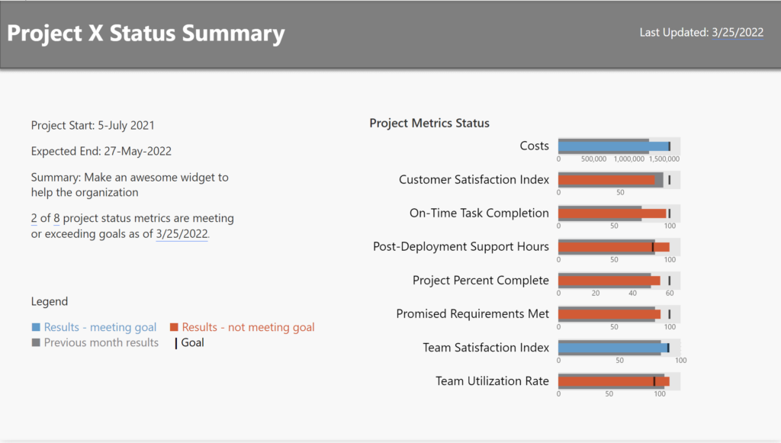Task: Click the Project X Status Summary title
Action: (146, 34)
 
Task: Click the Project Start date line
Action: (93, 125)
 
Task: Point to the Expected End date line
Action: (101, 151)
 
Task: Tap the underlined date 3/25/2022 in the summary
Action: (182, 234)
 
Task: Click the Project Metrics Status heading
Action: (429, 123)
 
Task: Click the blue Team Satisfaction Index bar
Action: (610, 348)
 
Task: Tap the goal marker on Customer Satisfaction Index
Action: (669, 180)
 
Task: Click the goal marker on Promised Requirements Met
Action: (669, 314)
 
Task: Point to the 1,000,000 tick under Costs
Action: (629, 159)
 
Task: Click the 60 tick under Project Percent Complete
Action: (670, 294)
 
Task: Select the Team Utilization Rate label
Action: (492, 380)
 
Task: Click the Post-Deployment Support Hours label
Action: (461, 246)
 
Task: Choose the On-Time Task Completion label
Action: (479, 213)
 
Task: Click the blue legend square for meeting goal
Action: (36, 327)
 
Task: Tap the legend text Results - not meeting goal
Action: (248, 327)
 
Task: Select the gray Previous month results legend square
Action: (36, 342)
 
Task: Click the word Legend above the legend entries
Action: (50, 301)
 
